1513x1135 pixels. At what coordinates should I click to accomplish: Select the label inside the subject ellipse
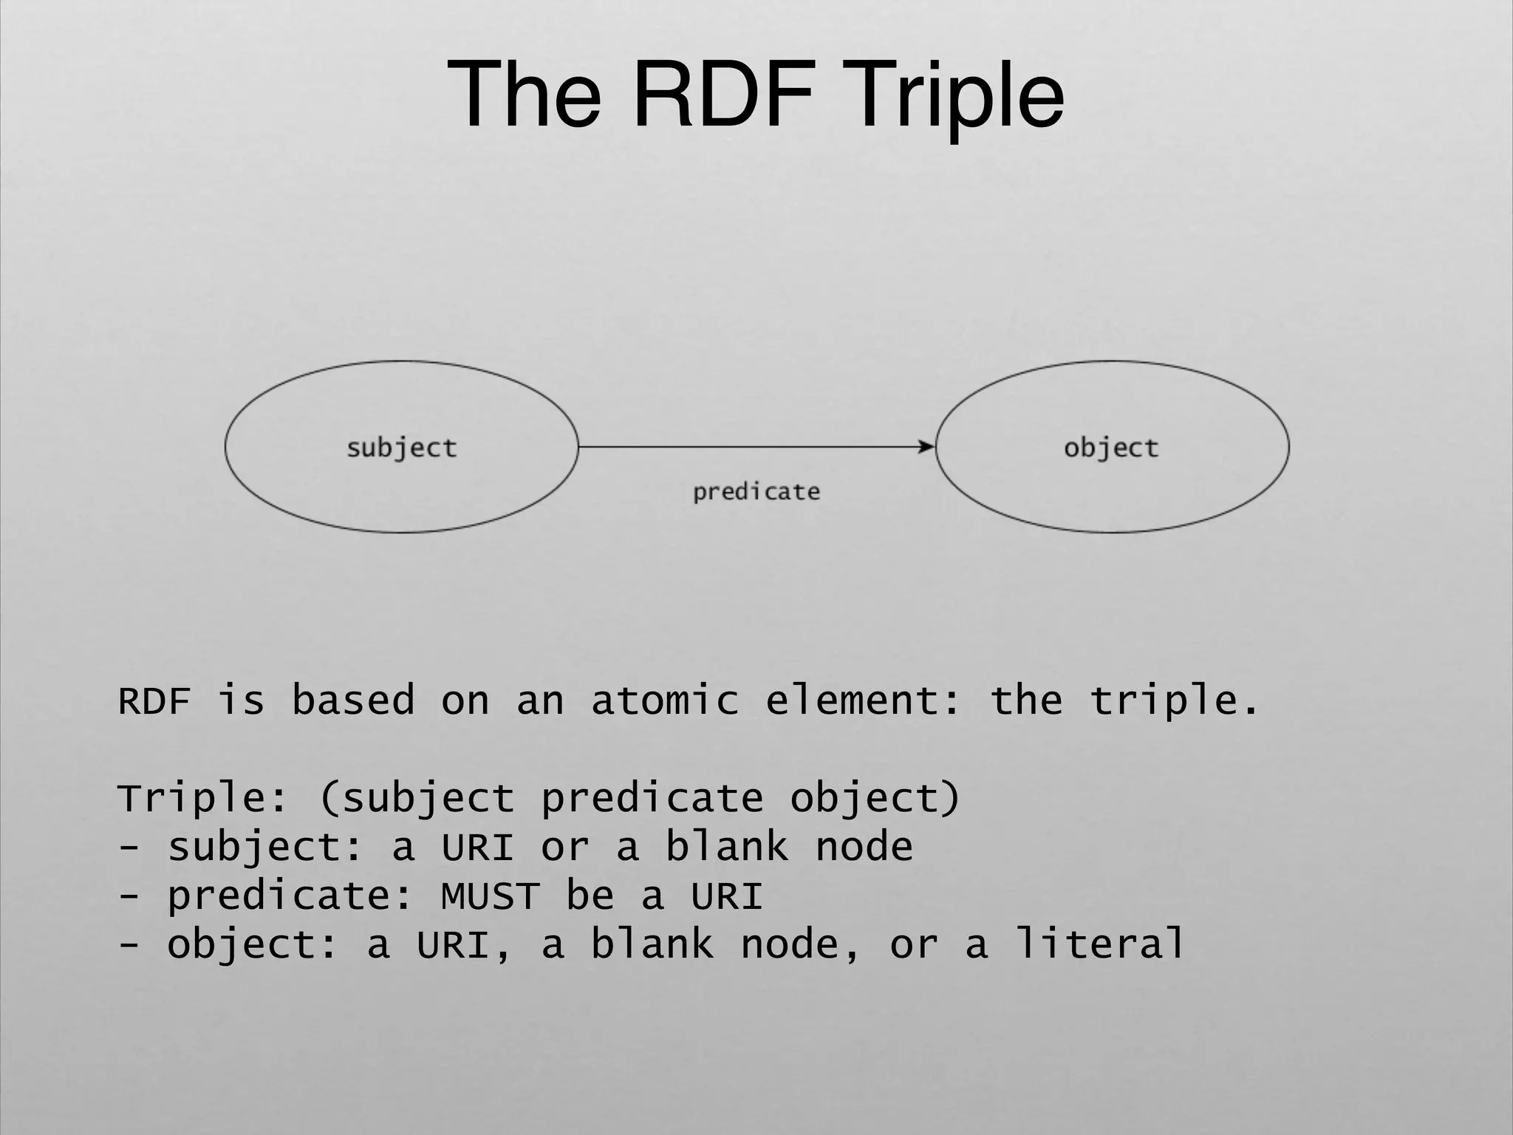402,448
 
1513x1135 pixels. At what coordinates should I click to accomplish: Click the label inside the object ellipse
1111,448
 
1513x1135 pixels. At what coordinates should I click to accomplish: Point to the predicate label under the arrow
756,492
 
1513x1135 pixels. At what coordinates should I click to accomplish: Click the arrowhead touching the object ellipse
926,446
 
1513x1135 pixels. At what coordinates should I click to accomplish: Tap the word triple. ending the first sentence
1175,700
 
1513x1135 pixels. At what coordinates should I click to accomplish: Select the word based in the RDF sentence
353,700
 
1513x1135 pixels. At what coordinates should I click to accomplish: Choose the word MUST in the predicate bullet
490,896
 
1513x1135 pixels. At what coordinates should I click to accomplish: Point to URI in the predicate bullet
727,896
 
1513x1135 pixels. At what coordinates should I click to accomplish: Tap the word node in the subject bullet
864,847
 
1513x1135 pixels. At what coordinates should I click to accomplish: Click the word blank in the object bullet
652,944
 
